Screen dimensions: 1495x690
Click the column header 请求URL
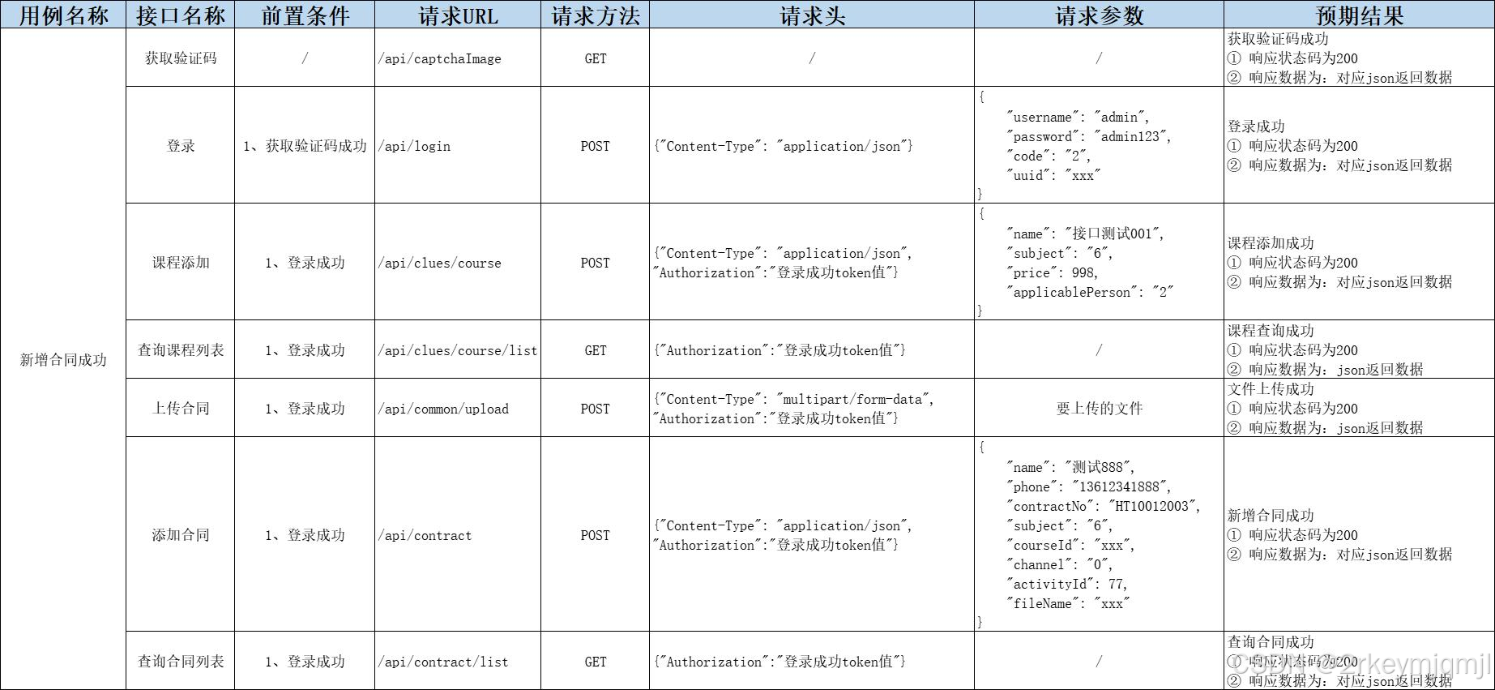(x=458, y=15)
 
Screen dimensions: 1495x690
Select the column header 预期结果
(x=1359, y=15)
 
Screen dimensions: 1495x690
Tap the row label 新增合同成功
(x=63, y=360)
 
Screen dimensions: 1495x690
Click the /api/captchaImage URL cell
(x=440, y=59)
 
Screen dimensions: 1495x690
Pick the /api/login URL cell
(x=414, y=147)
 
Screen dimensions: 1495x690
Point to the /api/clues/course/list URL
(x=458, y=351)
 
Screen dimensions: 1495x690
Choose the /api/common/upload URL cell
(x=444, y=409)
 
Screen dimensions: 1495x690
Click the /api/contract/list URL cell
(x=444, y=662)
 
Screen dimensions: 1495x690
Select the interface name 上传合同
(x=181, y=409)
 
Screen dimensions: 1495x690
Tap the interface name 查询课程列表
(x=181, y=350)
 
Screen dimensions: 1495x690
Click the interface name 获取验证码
(x=181, y=58)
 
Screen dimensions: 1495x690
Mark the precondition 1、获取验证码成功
(x=305, y=146)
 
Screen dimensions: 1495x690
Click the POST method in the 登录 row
(x=595, y=147)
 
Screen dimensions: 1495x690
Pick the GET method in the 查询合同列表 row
(x=595, y=662)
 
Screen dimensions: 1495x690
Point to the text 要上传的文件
(x=1099, y=409)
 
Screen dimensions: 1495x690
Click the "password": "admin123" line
(x=1088, y=137)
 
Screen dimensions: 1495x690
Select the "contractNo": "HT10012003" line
(x=1103, y=507)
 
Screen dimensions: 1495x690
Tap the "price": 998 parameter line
(x=1053, y=273)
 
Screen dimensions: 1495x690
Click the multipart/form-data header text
(x=856, y=400)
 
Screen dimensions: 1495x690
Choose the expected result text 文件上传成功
(x=1271, y=389)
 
